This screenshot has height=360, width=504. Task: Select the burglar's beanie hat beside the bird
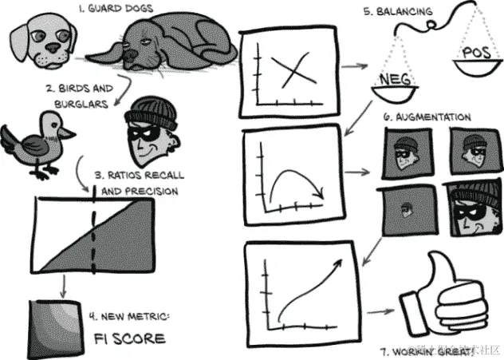tap(150, 113)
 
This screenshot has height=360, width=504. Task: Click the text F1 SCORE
tap(128, 338)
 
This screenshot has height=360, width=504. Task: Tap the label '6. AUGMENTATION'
tap(427, 117)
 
